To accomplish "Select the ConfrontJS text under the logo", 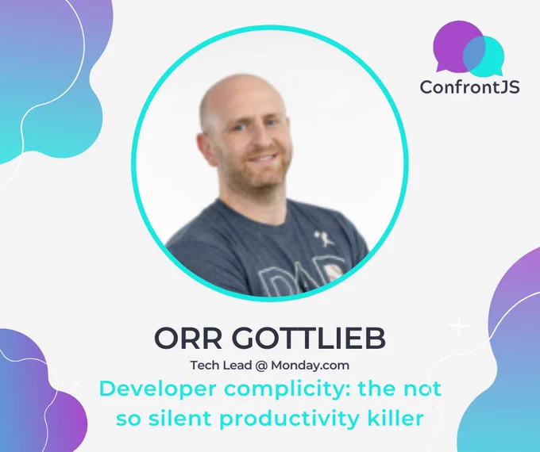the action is pos(470,86).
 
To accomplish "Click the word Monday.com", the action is pos(310,366).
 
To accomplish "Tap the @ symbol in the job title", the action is pos(261,366).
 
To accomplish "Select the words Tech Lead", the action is pos(221,365).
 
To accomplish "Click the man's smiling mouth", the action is pos(262,159).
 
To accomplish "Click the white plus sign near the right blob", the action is pos(460,325).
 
